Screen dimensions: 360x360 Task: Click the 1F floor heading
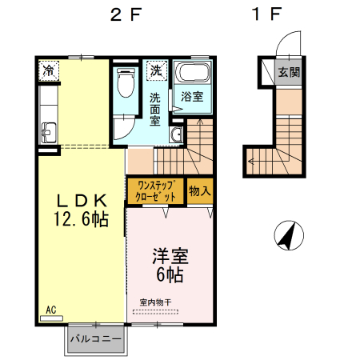267,14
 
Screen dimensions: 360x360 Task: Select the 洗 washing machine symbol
158,70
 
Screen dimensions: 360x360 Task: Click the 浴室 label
191,97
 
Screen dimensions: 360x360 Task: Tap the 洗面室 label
155,109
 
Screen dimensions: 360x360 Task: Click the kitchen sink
47,132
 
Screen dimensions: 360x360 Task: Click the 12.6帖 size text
81,218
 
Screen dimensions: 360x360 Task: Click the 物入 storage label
200,191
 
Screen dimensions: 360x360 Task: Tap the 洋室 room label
170,258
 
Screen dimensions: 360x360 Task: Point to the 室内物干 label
155,302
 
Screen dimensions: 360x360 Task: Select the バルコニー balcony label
95,338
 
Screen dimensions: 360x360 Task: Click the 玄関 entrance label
289,72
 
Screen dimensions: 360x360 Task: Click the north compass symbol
289,235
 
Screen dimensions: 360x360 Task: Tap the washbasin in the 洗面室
177,134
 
